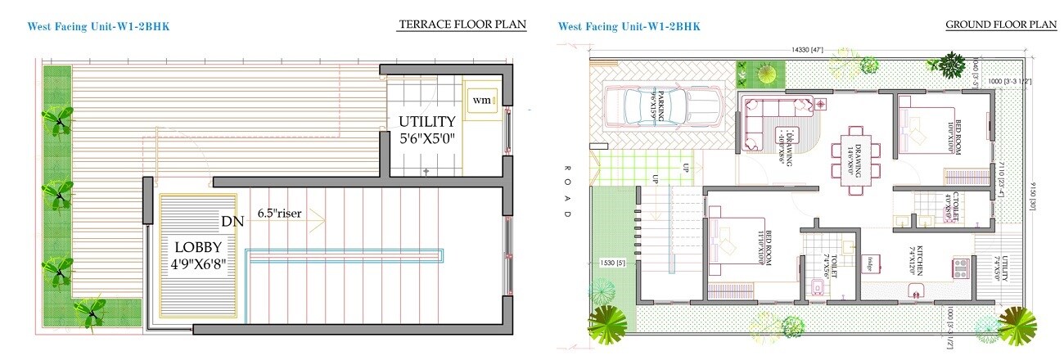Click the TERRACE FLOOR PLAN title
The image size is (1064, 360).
point(462,25)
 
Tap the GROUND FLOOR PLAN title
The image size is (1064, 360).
point(1001,25)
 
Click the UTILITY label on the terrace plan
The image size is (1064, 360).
point(426,122)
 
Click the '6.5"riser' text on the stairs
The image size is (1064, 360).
point(279,214)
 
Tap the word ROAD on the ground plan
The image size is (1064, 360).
point(566,191)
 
